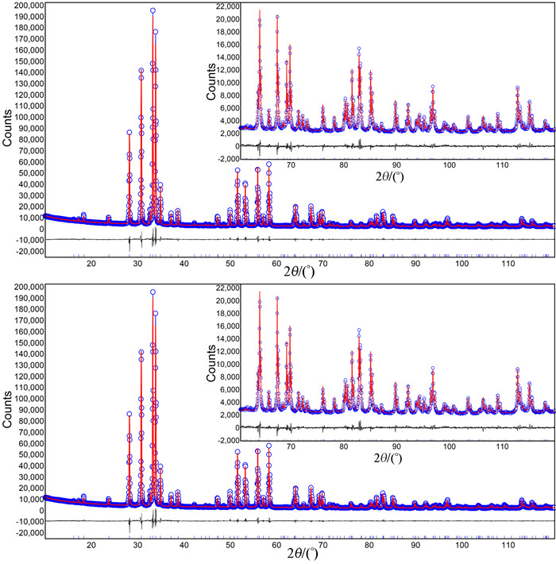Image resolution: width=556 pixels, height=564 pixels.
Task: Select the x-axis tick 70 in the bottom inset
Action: tap(290, 448)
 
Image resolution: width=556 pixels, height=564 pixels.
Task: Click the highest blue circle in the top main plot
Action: tap(153, 10)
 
